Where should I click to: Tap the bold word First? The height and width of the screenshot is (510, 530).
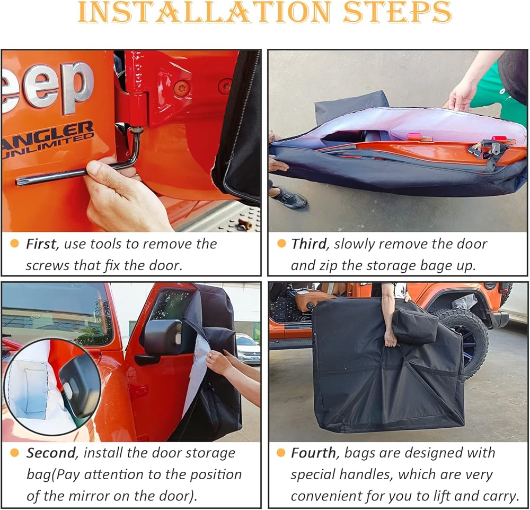[41, 244]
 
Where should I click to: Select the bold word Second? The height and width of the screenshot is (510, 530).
[51, 453]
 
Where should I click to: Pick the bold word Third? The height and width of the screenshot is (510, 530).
[309, 244]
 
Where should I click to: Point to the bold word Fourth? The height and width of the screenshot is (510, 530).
[313, 453]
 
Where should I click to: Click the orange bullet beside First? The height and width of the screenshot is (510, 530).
[14, 243]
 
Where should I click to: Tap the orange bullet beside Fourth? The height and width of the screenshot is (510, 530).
[281, 453]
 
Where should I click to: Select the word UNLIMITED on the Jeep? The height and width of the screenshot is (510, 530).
[47, 145]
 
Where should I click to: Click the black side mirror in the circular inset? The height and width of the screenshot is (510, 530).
[79, 385]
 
